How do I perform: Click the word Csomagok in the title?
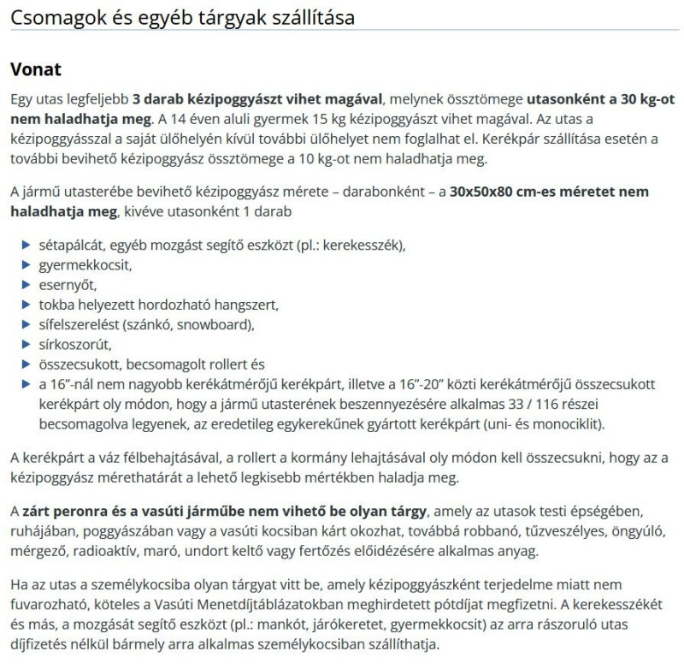tap(51, 17)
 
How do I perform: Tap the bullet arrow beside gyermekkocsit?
tap(25, 264)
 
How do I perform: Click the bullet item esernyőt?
tap(68, 284)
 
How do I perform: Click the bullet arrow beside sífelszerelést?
tap(25, 324)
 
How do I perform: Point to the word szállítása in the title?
tap(304, 17)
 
